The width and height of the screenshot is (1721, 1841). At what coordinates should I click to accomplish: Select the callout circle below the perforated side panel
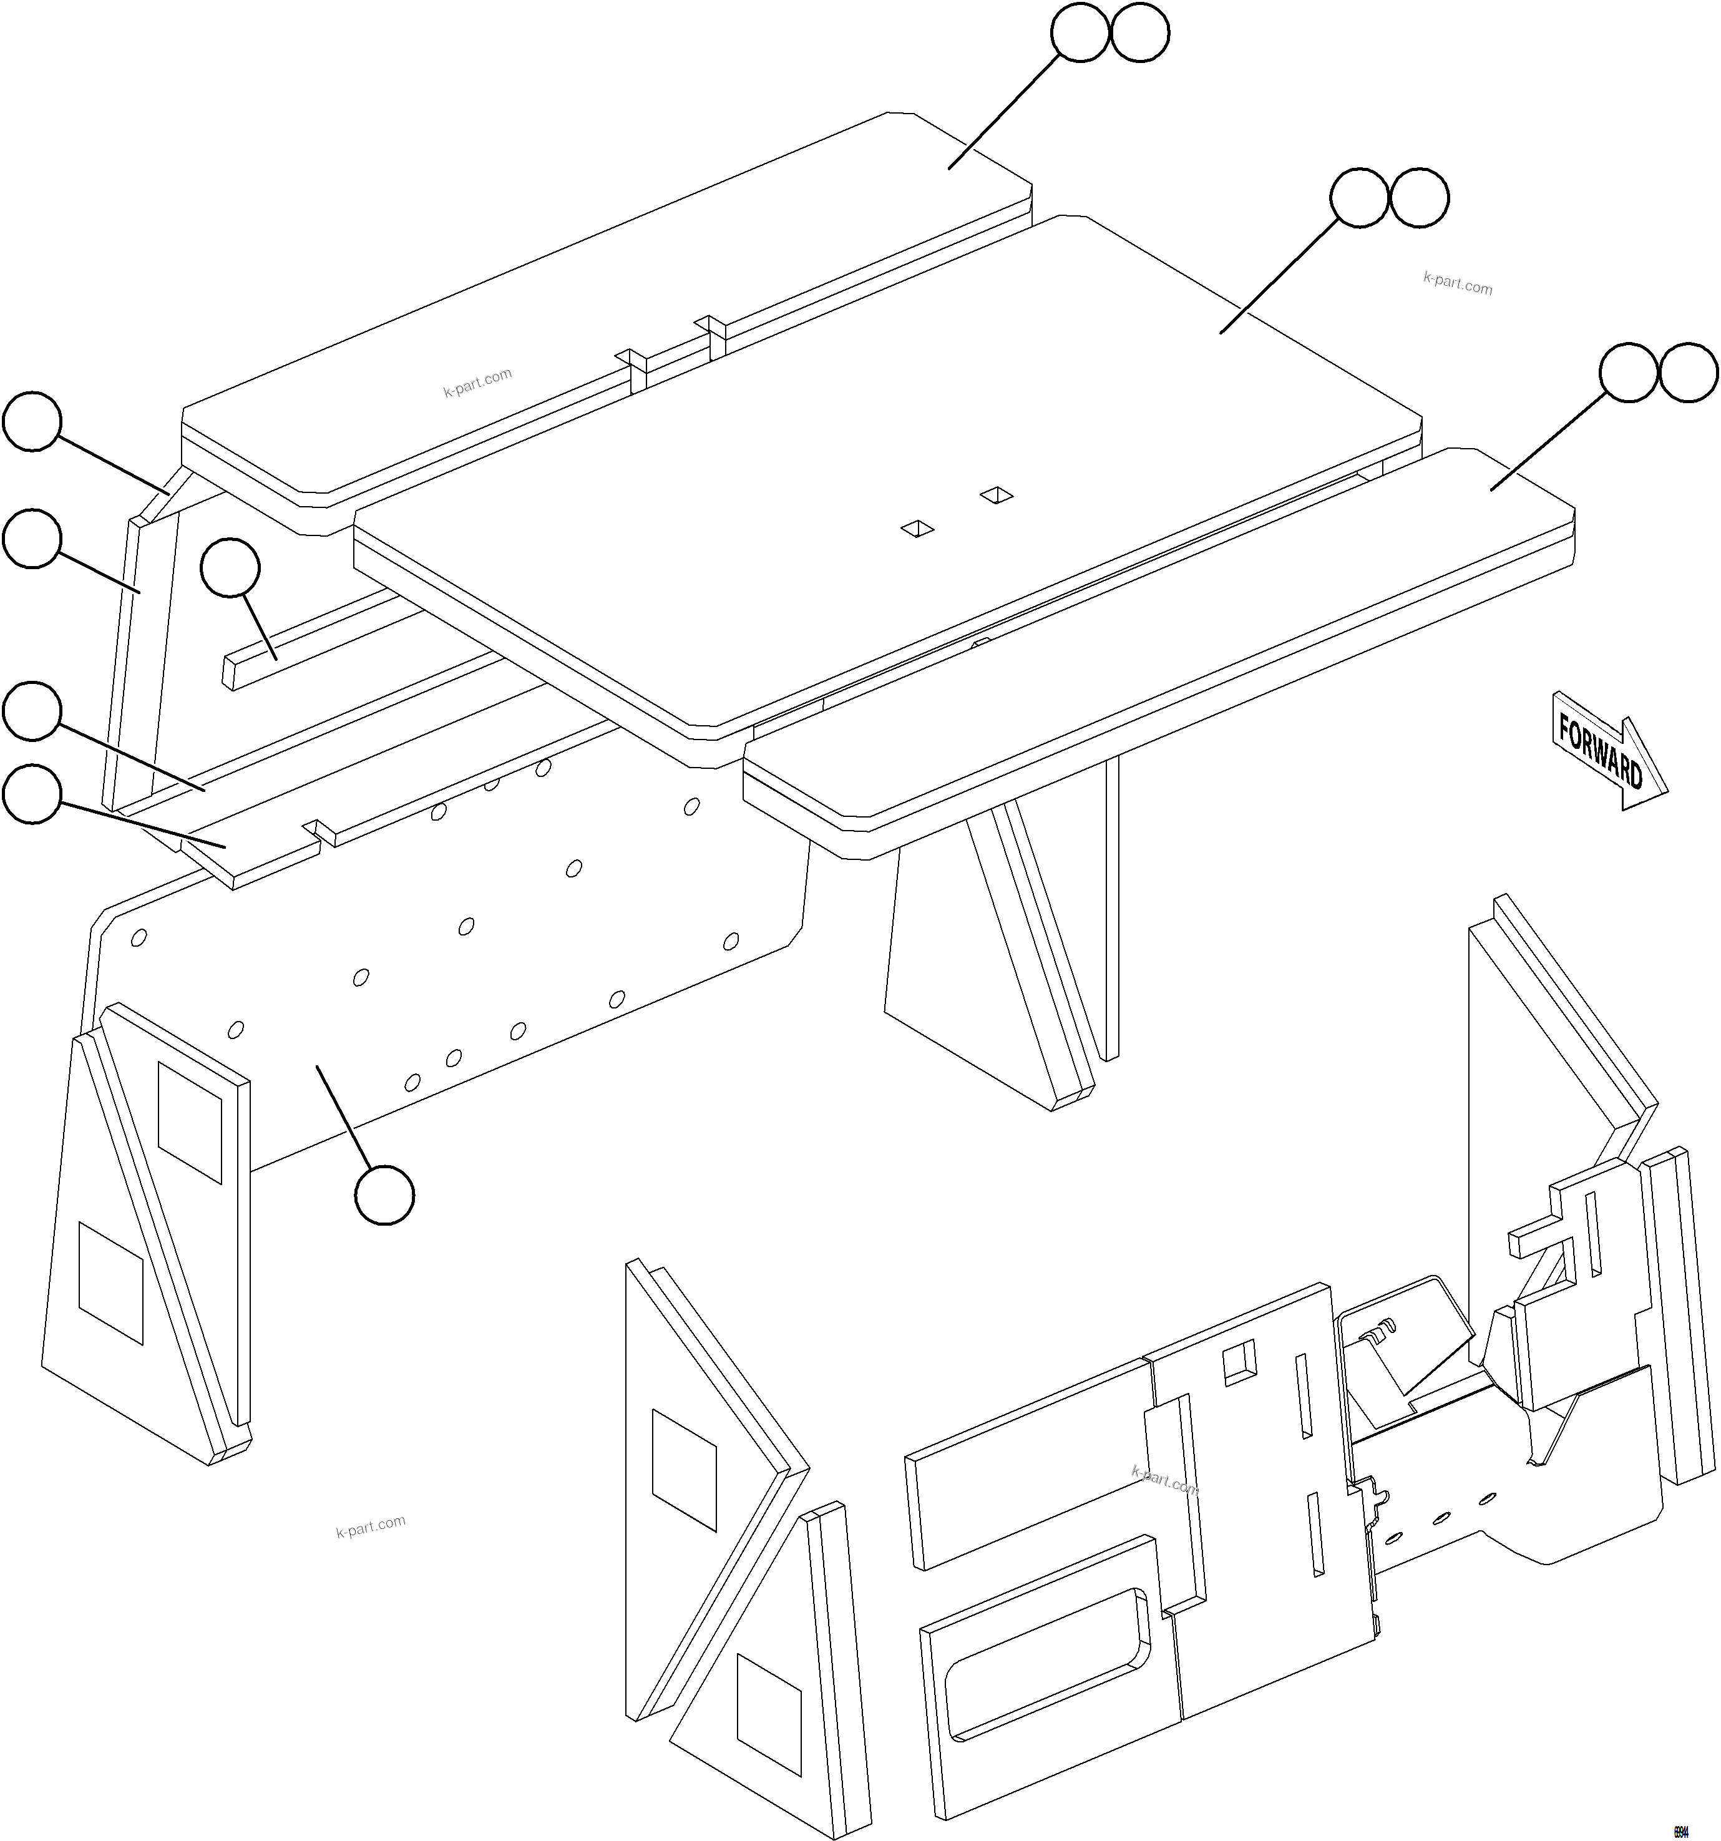[384, 1196]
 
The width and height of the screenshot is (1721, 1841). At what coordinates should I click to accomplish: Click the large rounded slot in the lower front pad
[1046, 1663]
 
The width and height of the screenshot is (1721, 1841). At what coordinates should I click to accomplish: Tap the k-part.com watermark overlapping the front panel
[1164, 1480]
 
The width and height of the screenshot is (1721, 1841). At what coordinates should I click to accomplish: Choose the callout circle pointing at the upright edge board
[32, 537]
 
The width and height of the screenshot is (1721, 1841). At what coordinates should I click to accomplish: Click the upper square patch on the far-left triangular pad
[190, 1121]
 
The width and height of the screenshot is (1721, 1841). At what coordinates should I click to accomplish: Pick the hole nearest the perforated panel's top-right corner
[691, 806]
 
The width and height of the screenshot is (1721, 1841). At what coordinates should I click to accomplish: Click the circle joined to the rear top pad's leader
[1080, 33]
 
